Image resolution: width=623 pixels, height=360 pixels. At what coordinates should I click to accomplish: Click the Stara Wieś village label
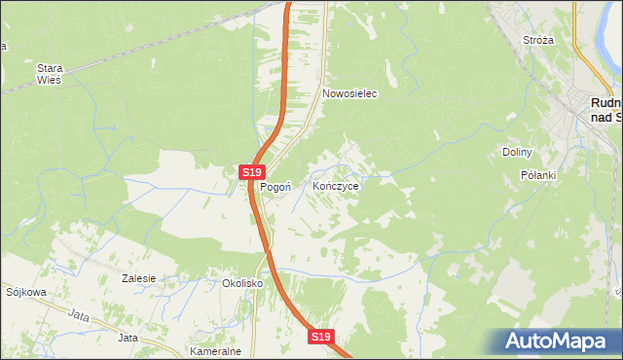[50, 74]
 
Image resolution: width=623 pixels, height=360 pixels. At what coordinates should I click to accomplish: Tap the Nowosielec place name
[349, 94]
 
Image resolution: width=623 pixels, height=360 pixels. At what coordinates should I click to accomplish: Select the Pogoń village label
[275, 186]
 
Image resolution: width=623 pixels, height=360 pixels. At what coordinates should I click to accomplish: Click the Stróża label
[538, 40]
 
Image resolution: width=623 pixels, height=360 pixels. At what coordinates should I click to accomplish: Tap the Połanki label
[537, 175]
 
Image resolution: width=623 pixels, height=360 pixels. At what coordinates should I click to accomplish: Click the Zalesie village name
[139, 277]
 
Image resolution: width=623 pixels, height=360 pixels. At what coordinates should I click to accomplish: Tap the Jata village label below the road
[128, 338]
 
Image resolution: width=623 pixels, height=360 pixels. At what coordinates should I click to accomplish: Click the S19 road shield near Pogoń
[251, 172]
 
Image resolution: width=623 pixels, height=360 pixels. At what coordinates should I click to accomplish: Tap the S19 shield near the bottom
[322, 336]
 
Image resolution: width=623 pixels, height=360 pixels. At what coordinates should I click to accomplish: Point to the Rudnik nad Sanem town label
[605, 110]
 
